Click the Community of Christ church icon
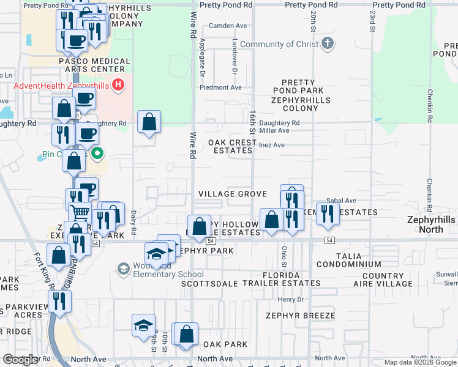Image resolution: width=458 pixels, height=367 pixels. point(328,43)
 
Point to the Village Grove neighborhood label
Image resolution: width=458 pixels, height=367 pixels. point(233,194)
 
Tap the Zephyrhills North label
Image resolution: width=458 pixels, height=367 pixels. point(432,224)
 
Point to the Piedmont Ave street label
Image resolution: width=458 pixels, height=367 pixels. point(220,87)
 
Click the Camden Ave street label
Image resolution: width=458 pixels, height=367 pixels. point(228,26)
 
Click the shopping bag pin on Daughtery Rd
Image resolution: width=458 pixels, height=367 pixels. point(149,122)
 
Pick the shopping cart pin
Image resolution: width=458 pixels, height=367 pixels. point(81,213)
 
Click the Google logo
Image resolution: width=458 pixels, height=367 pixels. point(20,360)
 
